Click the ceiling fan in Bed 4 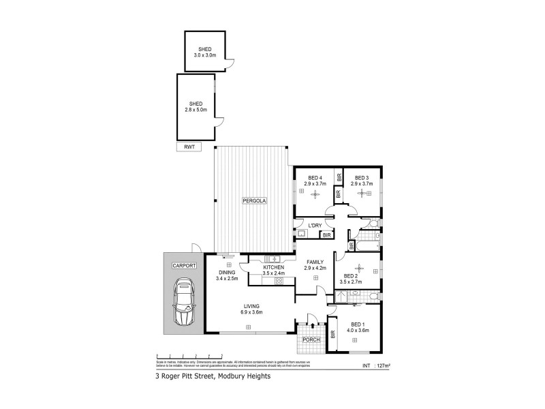pos(315,194)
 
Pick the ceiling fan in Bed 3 pos(362,194)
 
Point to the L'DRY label pos(315,226)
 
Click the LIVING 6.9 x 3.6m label pos(253,309)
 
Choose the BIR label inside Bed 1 pos(333,335)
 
